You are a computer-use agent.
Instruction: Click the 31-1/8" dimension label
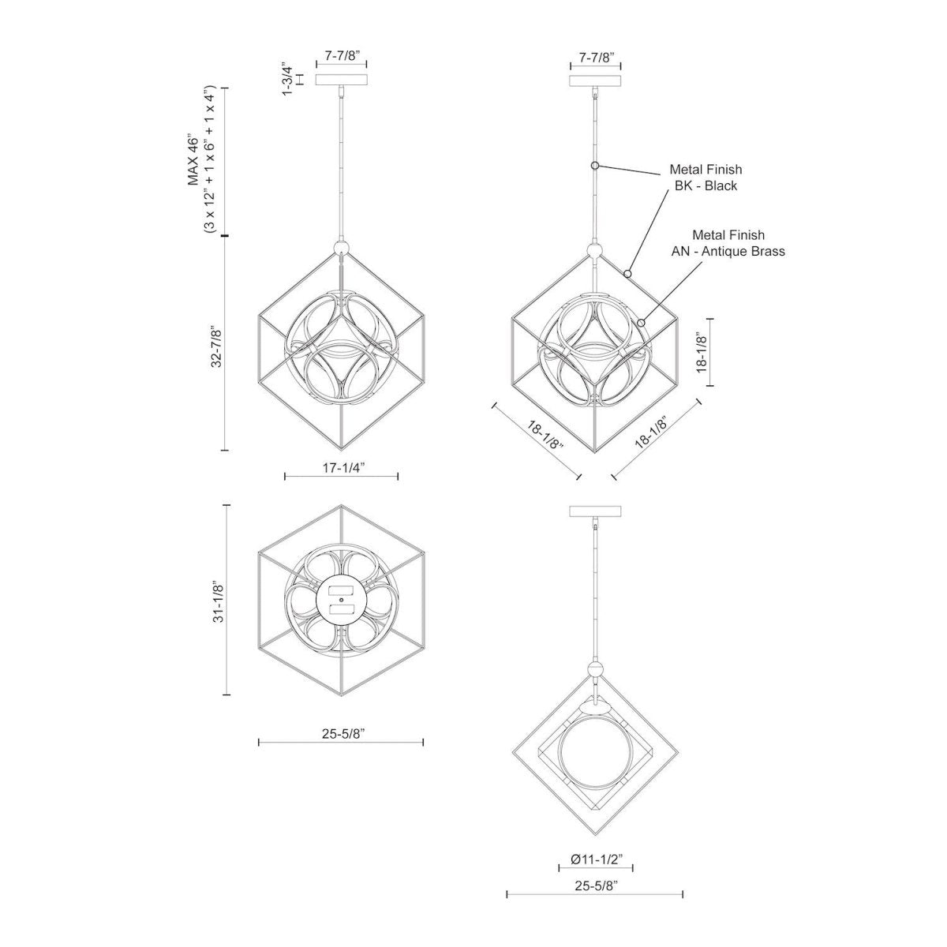point(218,601)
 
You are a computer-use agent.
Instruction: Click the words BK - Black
point(706,185)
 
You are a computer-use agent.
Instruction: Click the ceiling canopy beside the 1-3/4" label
point(342,80)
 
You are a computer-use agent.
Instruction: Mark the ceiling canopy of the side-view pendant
point(595,511)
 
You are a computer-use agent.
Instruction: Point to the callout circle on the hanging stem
point(596,166)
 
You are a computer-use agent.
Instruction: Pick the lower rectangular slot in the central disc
point(342,609)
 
